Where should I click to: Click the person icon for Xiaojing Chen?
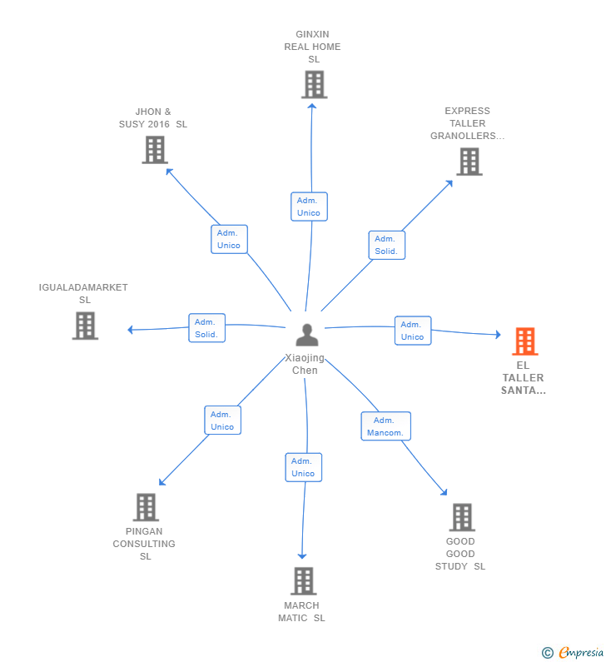(x=307, y=335)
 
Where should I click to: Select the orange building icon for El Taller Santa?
(x=524, y=341)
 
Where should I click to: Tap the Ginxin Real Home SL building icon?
(x=314, y=84)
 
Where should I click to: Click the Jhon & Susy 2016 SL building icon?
(x=155, y=150)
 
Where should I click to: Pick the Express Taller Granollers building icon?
(x=469, y=162)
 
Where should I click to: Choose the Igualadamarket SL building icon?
(x=85, y=326)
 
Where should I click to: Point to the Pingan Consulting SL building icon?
(x=146, y=507)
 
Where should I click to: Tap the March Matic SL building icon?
(x=304, y=581)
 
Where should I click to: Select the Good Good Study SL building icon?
(x=462, y=517)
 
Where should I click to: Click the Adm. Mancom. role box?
(x=385, y=426)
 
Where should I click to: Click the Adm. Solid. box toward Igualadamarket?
(x=206, y=328)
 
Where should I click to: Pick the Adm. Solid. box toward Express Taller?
(x=386, y=245)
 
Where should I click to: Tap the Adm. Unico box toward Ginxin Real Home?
(x=309, y=207)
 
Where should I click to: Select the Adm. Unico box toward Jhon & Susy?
(x=229, y=239)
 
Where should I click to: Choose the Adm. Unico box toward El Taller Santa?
(x=412, y=331)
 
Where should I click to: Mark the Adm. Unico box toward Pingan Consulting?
(x=222, y=421)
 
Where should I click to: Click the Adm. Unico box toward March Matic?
(x=303, y=467)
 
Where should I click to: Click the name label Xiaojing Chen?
(x=305, y=365)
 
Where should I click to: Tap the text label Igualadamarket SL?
(x=83, y=293)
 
